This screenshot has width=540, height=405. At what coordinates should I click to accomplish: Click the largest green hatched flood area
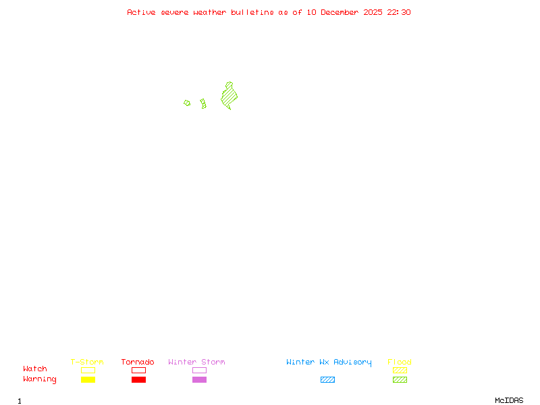click(x=230, y=97)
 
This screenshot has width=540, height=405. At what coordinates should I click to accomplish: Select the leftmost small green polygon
click(x=187, y=103)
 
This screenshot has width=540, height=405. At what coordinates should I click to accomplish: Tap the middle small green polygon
click(x=203, y=103)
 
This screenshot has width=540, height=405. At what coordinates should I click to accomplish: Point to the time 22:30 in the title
click(x=399, y=12)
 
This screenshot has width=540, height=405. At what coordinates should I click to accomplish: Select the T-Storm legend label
click(x=87, y=362)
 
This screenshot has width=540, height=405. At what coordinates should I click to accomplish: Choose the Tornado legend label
click(x=138, y=362)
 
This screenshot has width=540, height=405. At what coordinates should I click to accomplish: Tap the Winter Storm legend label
click(x=196, y=362)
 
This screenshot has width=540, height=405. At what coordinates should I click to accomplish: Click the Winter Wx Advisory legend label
click(x=329, y=362)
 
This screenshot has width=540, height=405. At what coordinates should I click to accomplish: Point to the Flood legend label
click(x=400, y=362)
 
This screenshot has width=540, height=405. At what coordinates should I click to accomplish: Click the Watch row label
click(x=35, y=369)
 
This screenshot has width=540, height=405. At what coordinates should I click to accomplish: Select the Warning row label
click(x=40, y=379)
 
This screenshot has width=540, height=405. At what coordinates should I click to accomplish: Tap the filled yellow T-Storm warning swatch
click(x=88, y=380)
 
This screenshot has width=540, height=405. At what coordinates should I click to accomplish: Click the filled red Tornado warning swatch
click(x=138, y=380)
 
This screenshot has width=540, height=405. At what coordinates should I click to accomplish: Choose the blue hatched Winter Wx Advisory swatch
click(x=327, y=380)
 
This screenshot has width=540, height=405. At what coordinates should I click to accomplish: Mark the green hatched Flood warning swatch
click(x=400, y=380)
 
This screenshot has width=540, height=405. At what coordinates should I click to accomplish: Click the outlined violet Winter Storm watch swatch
click(x=199, y=370)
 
